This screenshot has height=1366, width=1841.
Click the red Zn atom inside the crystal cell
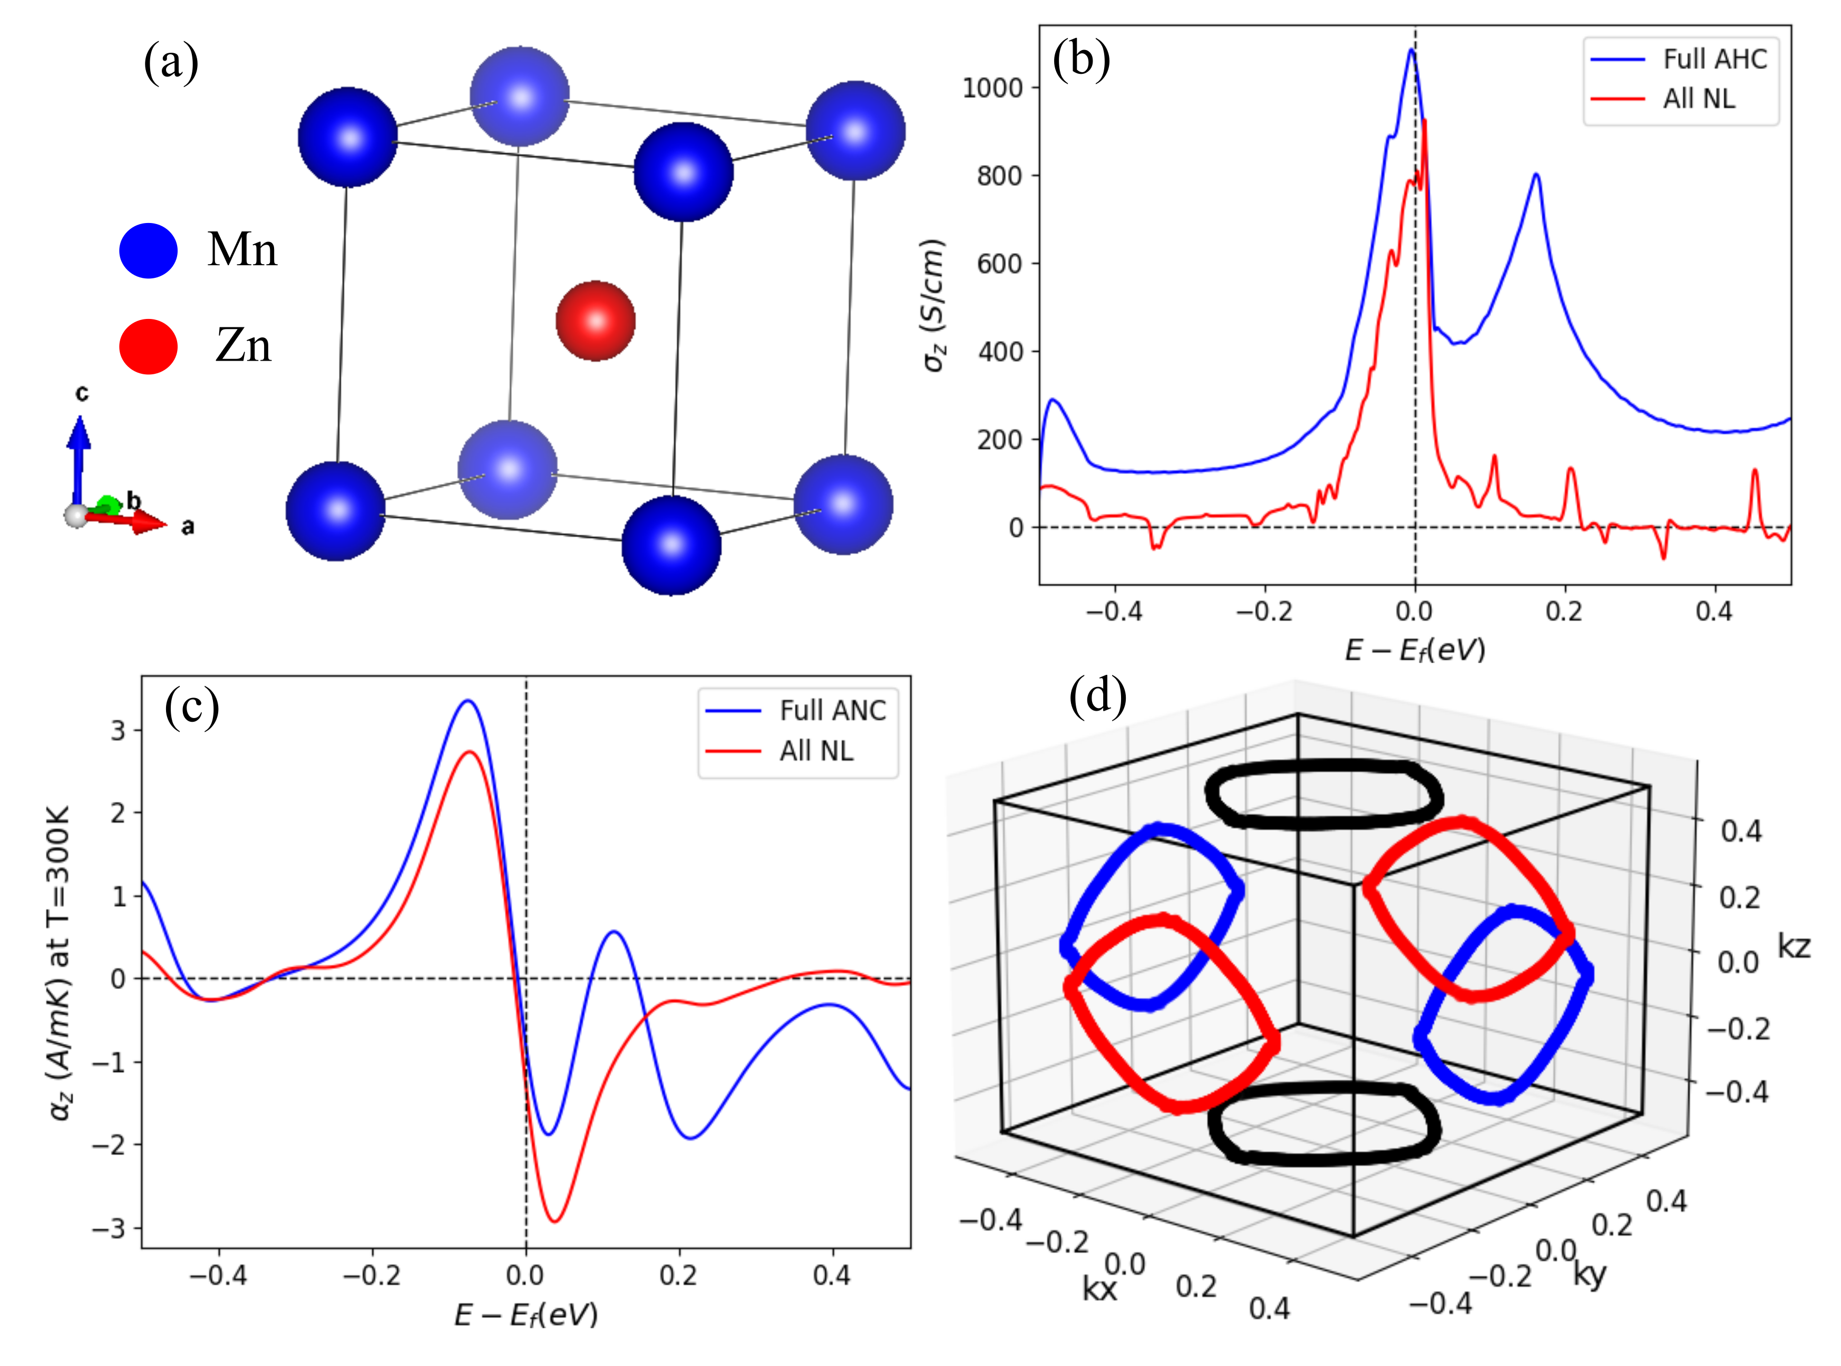tap(595, 321)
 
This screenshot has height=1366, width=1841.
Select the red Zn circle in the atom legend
tap(149, 346)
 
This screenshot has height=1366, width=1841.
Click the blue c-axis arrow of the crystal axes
tap(79, 455)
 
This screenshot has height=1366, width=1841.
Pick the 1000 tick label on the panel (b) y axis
tap(992, 88)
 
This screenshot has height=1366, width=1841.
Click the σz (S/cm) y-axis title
tap(934, 305)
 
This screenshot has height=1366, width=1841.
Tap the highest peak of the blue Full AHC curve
tap(1411, 51)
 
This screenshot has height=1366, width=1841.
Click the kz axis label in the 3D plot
tap(1794, 946)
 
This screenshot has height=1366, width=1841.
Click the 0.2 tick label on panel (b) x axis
tap(1564, 612)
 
